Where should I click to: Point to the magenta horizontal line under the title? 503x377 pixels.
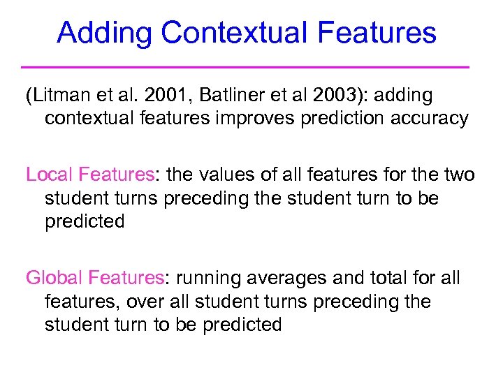[x=245, y=67]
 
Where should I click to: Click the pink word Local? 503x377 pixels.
[x=50, y=175]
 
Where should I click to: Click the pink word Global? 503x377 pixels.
[x=55, y=278]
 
